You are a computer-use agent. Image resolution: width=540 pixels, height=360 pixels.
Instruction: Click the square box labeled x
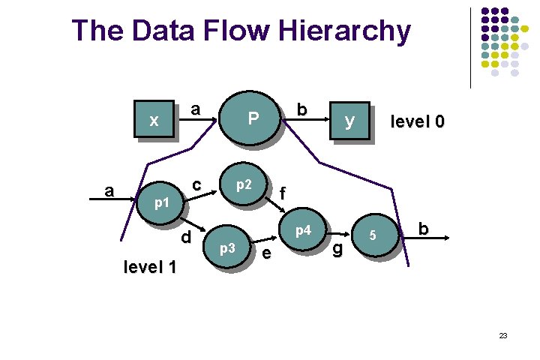click(x=154, y=119)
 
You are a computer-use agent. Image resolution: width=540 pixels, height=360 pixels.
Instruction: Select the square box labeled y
click(x=349, y=120)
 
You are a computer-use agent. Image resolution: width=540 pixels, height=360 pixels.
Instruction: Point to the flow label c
click(x=196, y=184)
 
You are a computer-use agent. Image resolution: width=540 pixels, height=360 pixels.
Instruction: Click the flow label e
click(x=266, y=255)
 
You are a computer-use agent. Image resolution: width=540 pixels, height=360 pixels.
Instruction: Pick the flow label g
click(x=337, y=248)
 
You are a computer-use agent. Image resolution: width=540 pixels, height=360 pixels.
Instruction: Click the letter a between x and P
click(x=195, y=109)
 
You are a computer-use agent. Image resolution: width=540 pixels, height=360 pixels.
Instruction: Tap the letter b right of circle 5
click(x=424, y=229)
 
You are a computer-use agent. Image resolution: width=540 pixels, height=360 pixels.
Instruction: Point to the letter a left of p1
click(x=109, y=190)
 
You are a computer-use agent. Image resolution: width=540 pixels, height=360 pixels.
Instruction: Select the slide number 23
click(x=503, y=335)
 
